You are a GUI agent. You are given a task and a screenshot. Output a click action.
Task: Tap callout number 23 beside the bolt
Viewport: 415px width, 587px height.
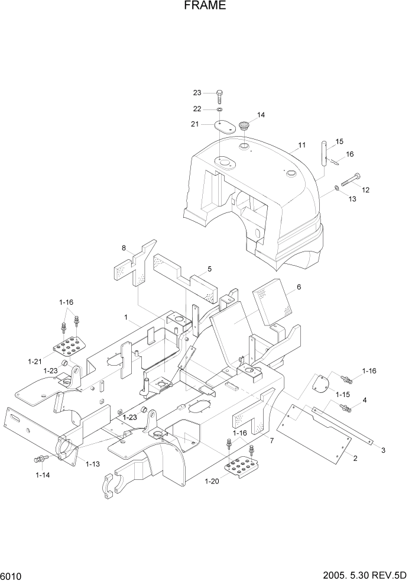point(197,92)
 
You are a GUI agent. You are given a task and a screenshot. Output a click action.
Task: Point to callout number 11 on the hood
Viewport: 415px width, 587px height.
point(301,145)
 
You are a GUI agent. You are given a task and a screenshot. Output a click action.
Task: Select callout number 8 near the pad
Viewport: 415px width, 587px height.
point(124,248)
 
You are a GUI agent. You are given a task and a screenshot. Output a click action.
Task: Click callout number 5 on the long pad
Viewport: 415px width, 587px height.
point(209,269)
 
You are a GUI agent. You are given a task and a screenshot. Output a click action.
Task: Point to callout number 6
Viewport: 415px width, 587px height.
point(299,287)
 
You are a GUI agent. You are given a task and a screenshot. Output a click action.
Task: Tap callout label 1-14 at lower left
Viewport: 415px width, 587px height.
point(42,475)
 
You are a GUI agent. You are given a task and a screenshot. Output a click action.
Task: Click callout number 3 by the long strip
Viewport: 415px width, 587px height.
point(382,450)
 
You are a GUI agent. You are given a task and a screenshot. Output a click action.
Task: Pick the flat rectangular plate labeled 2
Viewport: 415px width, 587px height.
point(314,432)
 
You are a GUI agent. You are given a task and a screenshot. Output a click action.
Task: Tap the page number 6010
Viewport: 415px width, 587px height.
point(12,576)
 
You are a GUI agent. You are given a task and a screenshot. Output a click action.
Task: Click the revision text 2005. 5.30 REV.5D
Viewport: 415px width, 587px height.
point(362,576)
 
